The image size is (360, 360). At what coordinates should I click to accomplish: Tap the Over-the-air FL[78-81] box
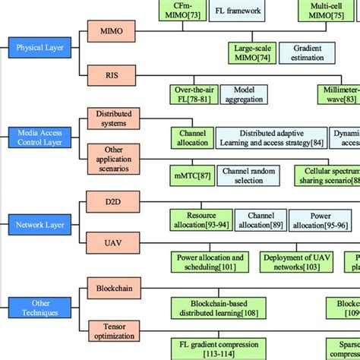pyautogui.click(x=197, y=93)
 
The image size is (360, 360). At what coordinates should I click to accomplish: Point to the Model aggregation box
pyautogui.click(x=249, y=93)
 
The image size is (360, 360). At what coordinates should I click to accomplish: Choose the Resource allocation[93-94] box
pyautogui.click(x=200, y=221)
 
